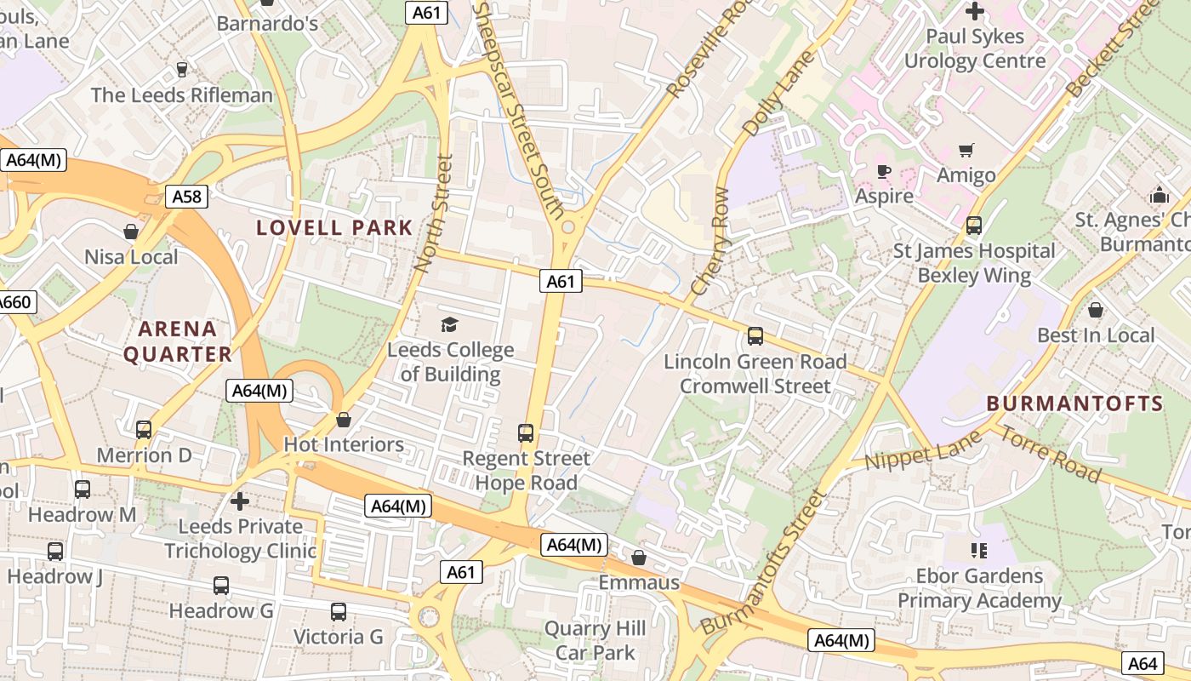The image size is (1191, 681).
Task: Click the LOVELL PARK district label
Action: click(x=334, y=227)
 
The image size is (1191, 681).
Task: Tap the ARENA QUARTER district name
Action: click(x=177, y=341)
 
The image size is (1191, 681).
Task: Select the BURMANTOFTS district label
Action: click(x=1075, y=403)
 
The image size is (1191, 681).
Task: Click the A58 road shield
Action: click(x=186, y=197)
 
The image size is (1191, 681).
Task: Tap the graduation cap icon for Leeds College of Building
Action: click(x=449, y=323)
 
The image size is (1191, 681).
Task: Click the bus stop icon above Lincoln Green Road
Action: click(x=755, y=336)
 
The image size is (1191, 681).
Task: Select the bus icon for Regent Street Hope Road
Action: click(x=526, y=433)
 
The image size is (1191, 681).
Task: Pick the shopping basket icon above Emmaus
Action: click(x=639, y=558)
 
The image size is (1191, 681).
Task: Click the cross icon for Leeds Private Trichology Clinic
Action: click(x=241, y=501)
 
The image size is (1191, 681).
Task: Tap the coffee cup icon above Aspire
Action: click(x=884, y=171)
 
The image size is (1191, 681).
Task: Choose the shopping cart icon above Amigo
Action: click(x=966, y=151)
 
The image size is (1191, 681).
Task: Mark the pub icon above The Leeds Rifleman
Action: click(x=181, y=69)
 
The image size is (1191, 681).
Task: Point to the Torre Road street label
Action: click(x=1051, y=453)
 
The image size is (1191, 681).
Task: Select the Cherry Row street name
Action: click(x=711, y=241)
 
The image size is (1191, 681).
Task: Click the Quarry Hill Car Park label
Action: click(x=595, y=641)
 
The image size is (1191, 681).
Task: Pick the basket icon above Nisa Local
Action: click(x=131, y=232)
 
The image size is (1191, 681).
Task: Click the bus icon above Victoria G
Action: click(x=338, y=611)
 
